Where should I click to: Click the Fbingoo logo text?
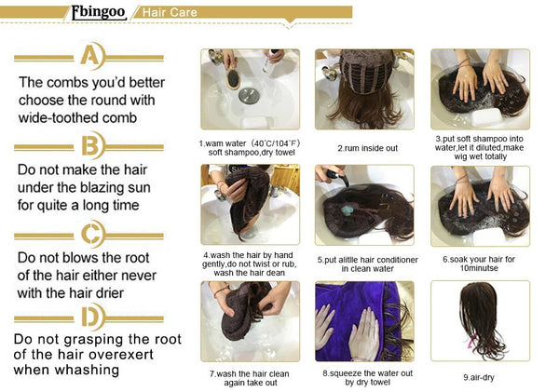(99, 12)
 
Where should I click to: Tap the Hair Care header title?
(170, 12)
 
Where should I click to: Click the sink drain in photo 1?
(249, 96)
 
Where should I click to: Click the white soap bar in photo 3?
(486, 117)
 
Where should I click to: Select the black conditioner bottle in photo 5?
(338, 177)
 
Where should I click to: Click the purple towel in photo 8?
(359, 320)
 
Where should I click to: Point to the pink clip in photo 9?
(472, 342)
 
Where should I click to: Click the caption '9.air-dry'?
(479, 377)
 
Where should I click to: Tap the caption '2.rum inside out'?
(368, 148)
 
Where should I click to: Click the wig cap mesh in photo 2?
(367, 72)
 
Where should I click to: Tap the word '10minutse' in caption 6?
(479, 268)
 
